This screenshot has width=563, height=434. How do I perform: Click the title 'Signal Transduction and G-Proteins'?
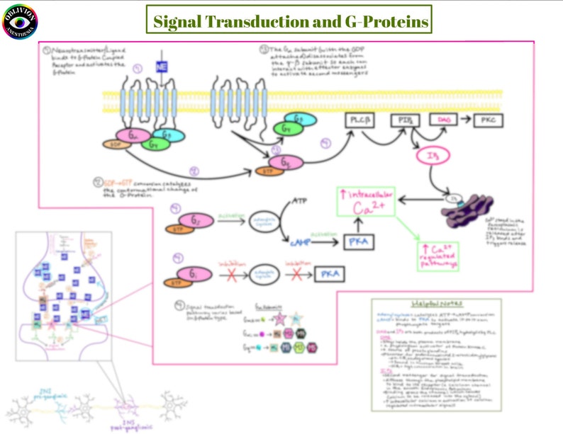[x=287, y=21]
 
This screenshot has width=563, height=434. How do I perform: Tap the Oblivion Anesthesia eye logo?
[x=20, y=22]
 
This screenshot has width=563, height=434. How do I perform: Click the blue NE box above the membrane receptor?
[x=162, y=67]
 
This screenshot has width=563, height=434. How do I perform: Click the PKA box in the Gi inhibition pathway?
[x=327, y=273]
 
